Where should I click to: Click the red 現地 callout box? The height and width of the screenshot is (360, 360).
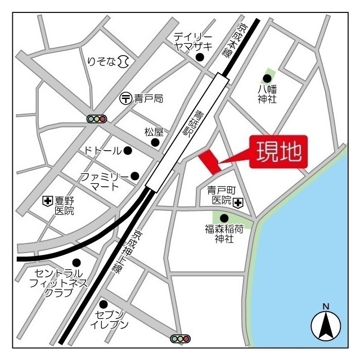click(x=279, y=151)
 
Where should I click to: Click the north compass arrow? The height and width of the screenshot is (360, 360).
click(x=325, y=325)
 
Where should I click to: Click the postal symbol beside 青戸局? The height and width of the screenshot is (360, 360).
click(x=126, y=98)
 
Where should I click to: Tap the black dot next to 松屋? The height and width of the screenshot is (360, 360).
click(x=155, y=142)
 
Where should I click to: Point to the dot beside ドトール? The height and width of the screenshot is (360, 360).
click(x=128, y=150)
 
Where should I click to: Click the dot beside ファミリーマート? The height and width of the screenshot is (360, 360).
click(x=134, y=176)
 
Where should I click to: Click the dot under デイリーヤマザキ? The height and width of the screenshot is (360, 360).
click(x=199, y=57)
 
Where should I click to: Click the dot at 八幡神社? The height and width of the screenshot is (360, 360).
click(x=267, y=78)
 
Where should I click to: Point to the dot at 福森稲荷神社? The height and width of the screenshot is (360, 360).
click(x=224, y=218)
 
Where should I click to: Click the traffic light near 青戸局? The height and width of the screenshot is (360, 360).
click(x=97, y=119)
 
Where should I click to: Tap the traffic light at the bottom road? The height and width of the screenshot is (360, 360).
click(x=180, y=339)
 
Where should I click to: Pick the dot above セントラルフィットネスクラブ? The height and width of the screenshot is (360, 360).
click(x=76, y=262)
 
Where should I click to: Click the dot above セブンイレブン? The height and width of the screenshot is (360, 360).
click(x=103, y=304)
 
